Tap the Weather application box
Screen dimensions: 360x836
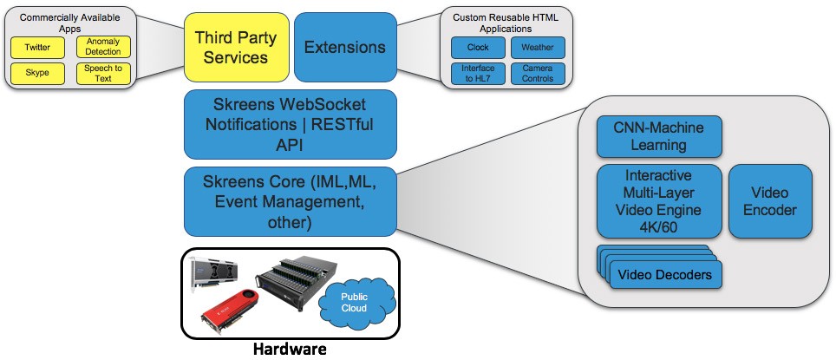(x=538, y=48)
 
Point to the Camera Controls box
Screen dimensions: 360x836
(x=538, y=73)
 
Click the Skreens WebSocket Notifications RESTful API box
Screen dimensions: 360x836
(x=290, y=124)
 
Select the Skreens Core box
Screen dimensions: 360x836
(x=290, y=201)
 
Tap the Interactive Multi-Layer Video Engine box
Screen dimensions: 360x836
(x=659, y=200)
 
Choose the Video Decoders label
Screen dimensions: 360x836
(x=665, y=275)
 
